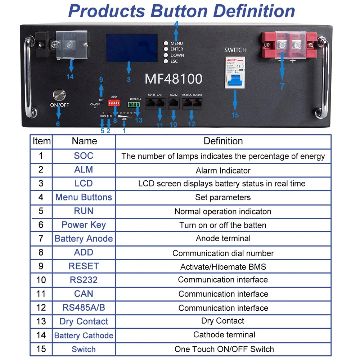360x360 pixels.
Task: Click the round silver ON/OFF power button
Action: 59,95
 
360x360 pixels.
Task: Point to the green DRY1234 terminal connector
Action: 135,105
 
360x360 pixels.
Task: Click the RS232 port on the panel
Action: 174,104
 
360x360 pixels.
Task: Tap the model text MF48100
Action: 173,79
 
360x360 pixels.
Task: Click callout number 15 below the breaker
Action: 235,116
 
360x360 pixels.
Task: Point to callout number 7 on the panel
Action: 282,87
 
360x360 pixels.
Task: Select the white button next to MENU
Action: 166,43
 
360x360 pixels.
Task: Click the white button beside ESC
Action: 166,62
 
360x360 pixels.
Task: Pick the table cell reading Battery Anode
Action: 84,239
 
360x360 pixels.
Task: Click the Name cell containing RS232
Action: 84,280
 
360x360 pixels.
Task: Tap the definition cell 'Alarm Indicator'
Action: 223,170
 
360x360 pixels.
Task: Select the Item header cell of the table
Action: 41,141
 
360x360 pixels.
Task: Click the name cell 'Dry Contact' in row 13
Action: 84,321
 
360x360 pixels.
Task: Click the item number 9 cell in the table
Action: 41,266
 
